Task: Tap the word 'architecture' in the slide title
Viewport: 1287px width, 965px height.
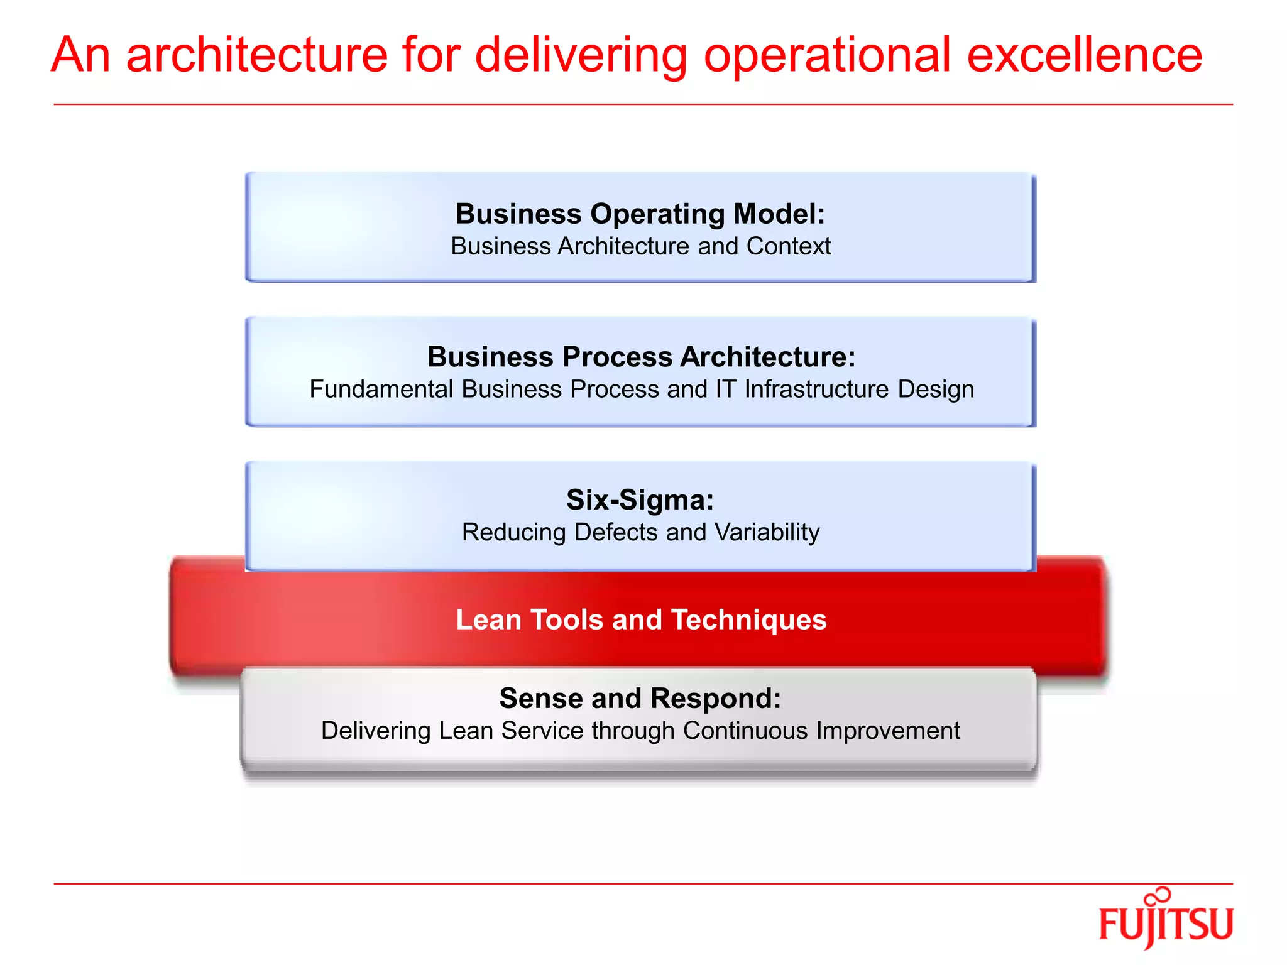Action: coord(256,55)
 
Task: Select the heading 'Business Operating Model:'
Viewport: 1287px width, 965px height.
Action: coord(640,214)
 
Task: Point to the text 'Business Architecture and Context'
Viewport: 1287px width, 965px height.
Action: coord(640,246)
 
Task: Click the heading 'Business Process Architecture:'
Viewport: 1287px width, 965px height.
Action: coord(641,357)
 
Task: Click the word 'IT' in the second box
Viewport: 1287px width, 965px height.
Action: coord(726,390)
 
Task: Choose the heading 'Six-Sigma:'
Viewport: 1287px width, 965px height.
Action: coord(640,500)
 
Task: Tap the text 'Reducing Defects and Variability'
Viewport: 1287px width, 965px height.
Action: coord(640,533)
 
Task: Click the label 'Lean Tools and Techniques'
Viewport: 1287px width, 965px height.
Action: coord(641,619)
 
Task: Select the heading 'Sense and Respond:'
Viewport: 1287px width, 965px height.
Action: coord(640,698)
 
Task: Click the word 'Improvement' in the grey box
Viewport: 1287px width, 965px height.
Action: coord(888,731)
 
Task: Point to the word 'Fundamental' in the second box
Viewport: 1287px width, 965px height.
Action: coord(381,390)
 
